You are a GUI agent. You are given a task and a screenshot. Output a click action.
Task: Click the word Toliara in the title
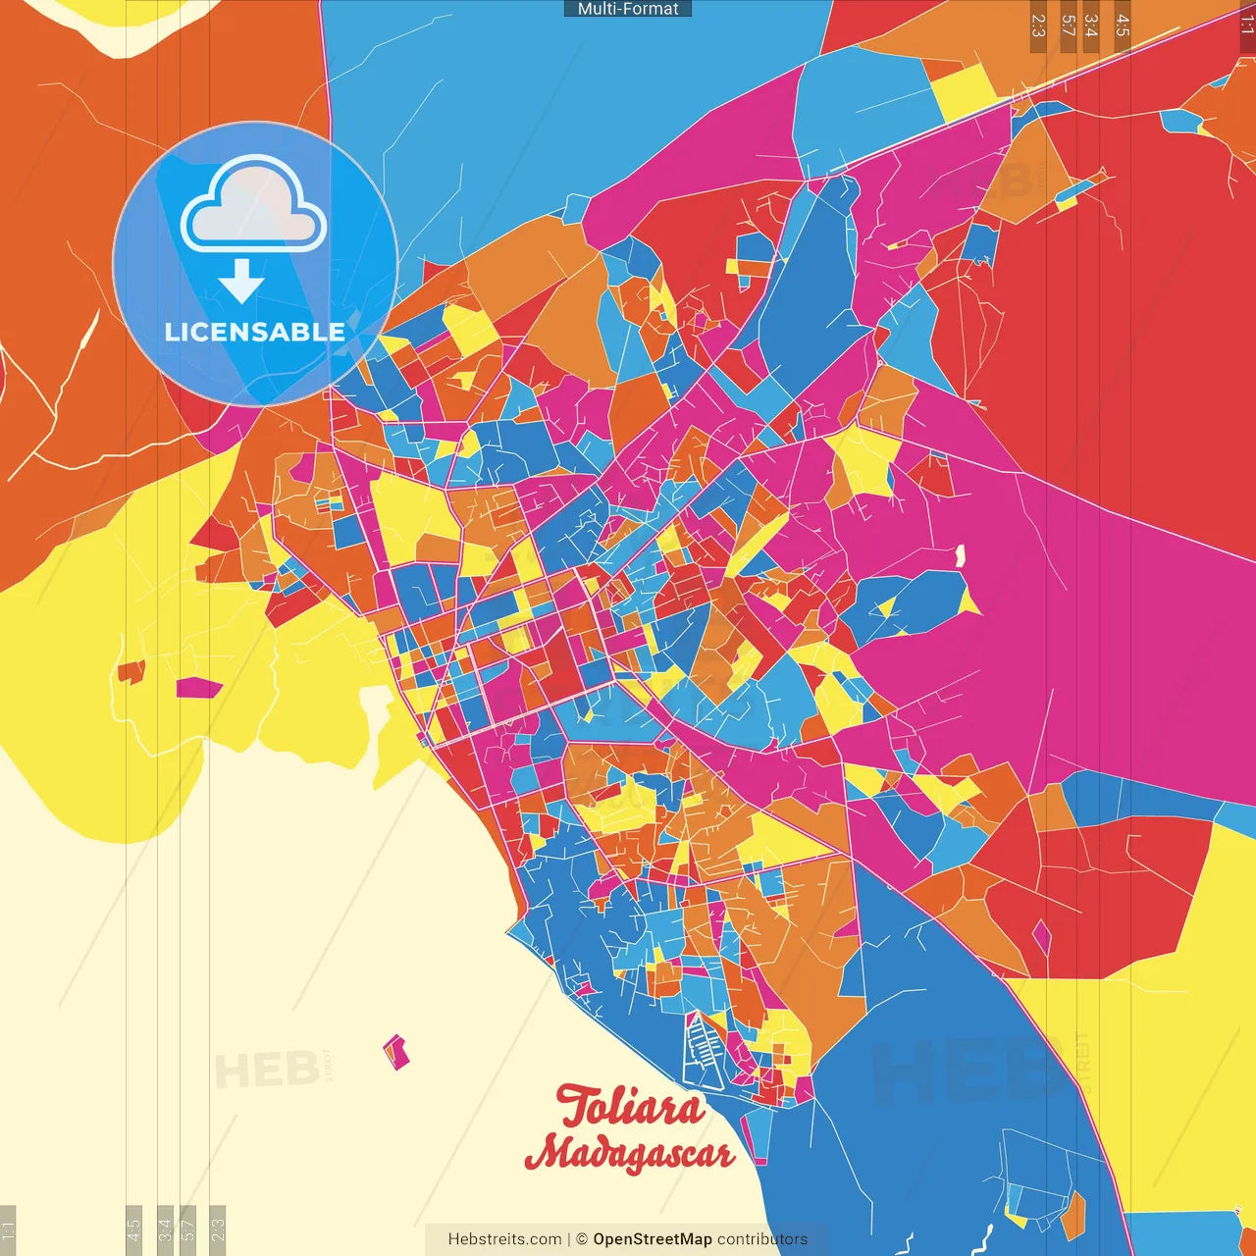point(630,1107)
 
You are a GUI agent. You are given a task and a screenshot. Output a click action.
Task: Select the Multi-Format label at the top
point(628,9)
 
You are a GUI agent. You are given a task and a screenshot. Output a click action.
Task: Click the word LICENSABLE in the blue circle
point(254,332)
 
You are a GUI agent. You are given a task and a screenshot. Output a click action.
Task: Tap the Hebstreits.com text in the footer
point(504,1239)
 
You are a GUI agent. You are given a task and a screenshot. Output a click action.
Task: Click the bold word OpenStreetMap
point(652,1239)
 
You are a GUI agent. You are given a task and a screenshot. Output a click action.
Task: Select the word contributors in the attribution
point(762,1239)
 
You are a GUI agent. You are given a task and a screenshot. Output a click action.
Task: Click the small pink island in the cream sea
point(395,1052)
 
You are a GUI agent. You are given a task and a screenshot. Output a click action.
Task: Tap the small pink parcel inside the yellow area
point(199,688)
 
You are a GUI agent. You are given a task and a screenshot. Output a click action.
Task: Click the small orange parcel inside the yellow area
point(131,672)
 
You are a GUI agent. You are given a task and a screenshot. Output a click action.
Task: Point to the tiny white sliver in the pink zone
point(960,556)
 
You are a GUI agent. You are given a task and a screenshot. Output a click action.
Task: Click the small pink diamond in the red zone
point(1041,937)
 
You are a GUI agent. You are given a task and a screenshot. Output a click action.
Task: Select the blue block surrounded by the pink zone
point(913,601)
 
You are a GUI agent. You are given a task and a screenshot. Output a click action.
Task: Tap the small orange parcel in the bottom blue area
point(1074,1215)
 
